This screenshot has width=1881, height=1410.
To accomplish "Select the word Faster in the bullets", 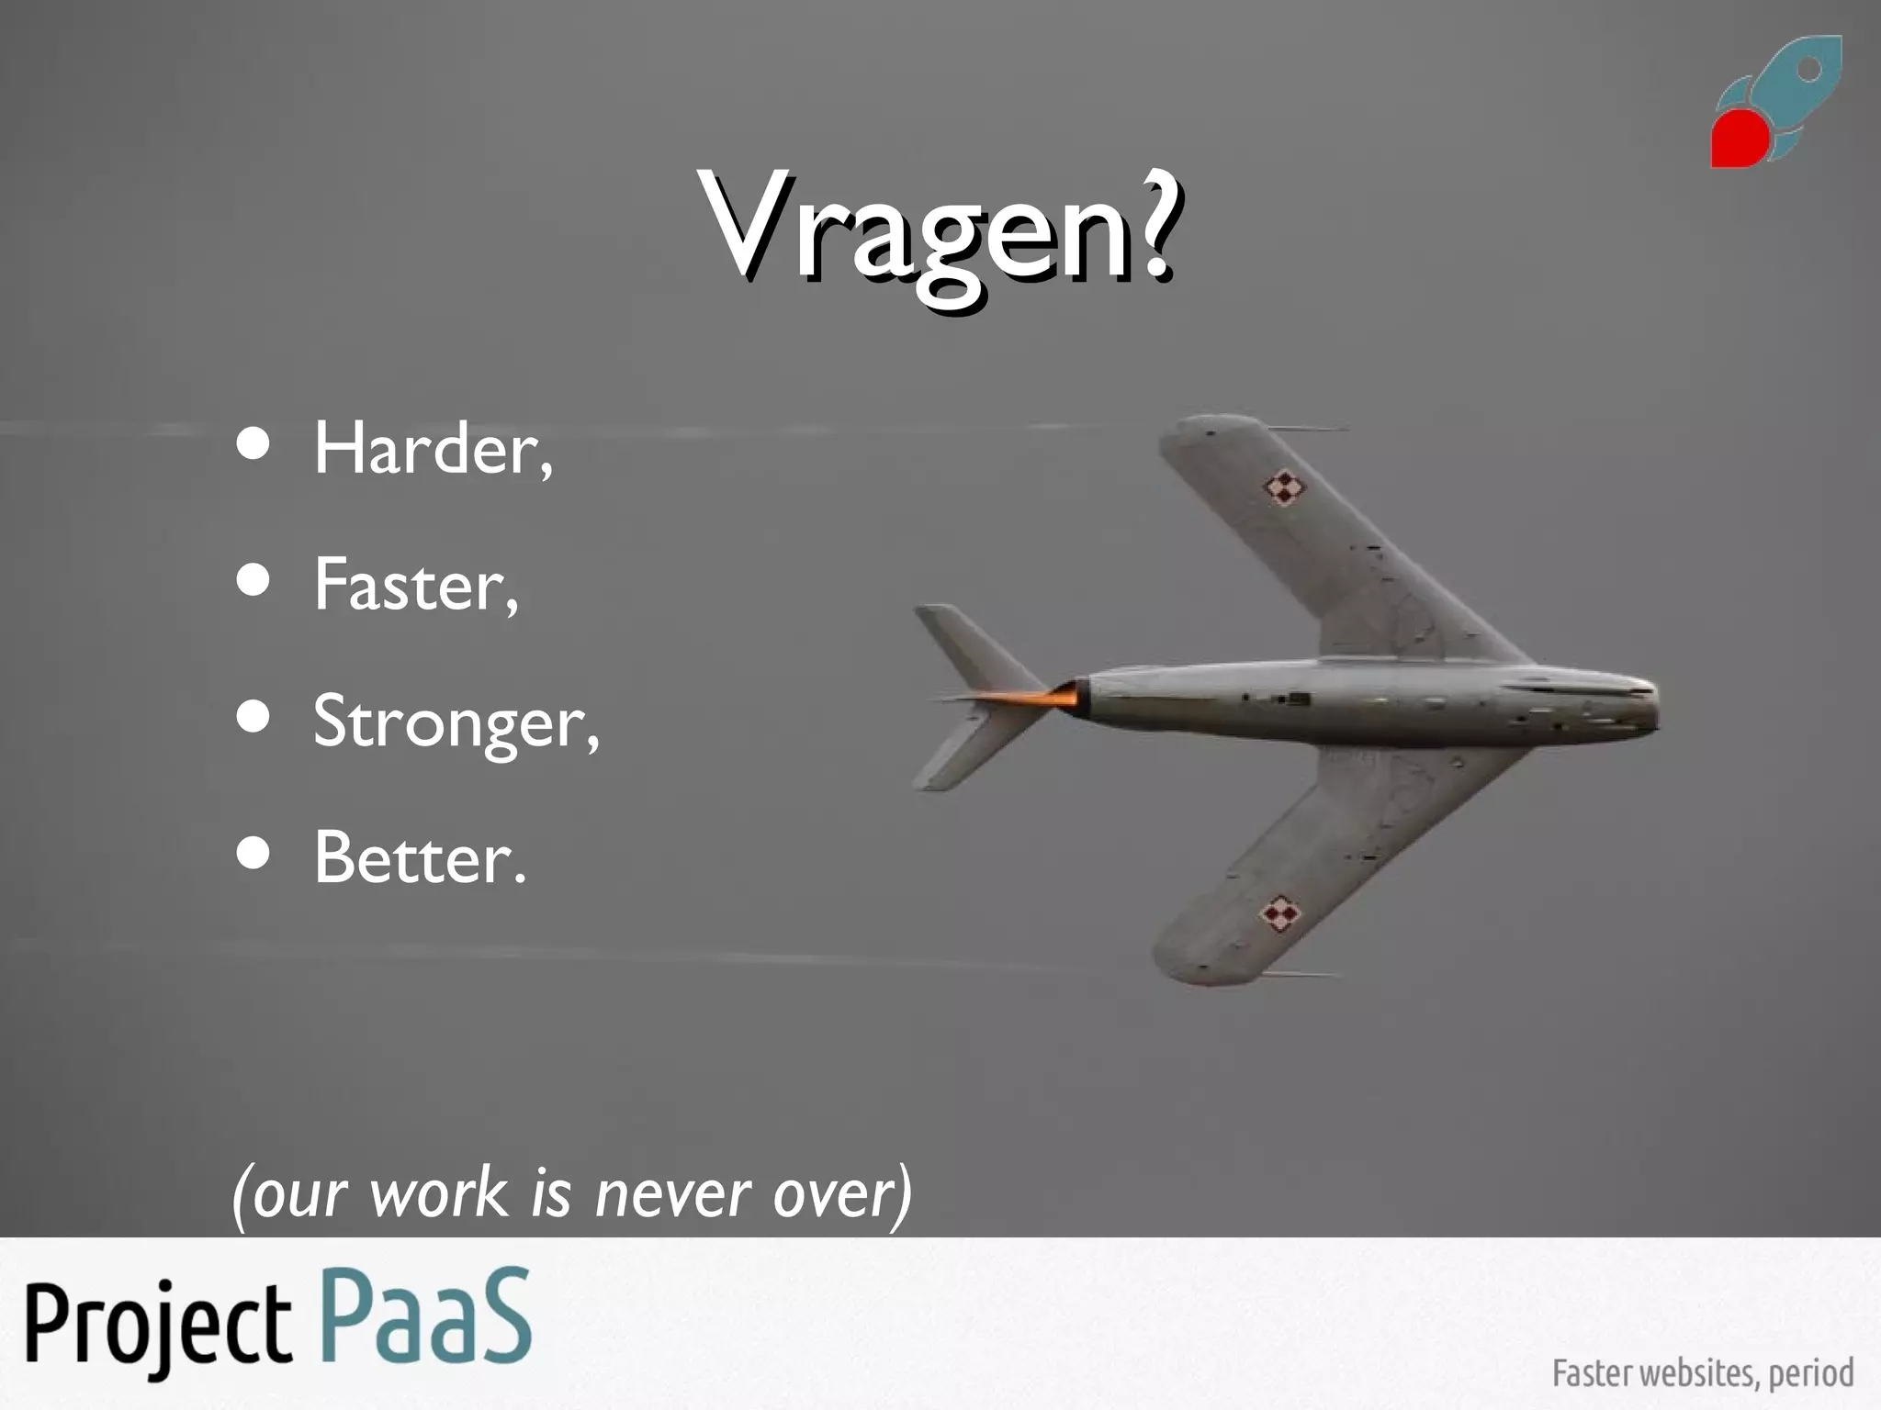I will pyautogui.click(x=414, y=585).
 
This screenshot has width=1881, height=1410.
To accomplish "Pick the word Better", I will pyautogui.click(x=419, y=858).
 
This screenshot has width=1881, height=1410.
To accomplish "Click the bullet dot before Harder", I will pyautogui.click(x=253, y=444).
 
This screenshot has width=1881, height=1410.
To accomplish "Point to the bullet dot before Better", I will pyautogui.click(x=253, y=854).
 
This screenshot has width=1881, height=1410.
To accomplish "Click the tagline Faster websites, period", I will pyautogui.click(x=1702, y=1373).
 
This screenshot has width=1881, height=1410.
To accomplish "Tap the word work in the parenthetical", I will pyautogui.click(x=438, y=1194).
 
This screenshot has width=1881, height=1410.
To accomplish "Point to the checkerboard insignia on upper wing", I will pyautogui.click(x=1284, y=488).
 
